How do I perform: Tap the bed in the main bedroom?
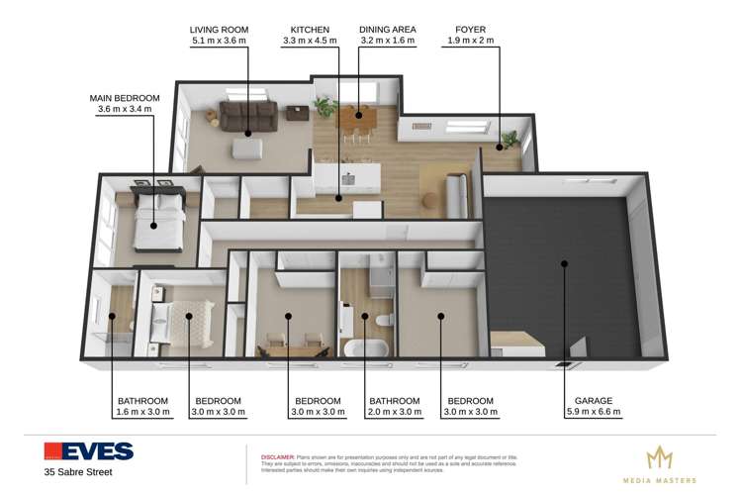click(157, 210)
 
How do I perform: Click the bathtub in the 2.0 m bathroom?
click(363, 346)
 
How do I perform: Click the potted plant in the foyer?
click(509, 140)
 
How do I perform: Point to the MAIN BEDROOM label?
click(125, 97)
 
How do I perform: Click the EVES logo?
click(88, 451)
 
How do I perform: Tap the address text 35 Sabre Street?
click(78, 472)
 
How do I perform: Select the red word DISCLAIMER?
click(280, 447)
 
